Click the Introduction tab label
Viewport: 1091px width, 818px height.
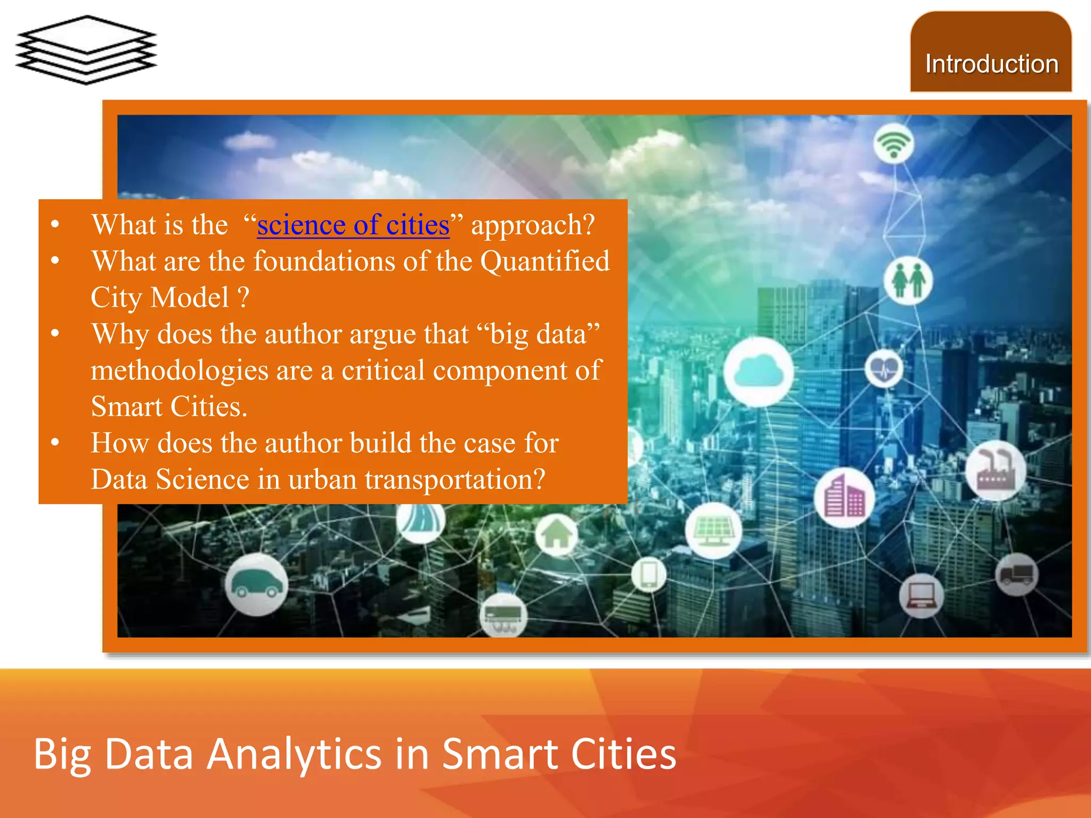[991, 64]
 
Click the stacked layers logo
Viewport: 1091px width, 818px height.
[86, 50]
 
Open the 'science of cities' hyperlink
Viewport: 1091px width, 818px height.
[353, 225]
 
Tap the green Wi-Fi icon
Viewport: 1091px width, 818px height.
[894, 144]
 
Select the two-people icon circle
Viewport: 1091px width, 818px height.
[908, 280]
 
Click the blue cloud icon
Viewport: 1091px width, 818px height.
[758, 371]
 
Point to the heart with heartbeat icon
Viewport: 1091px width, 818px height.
[884, 369]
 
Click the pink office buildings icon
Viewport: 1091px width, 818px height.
[844, 498]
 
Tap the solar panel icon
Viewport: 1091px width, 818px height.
[713, 530]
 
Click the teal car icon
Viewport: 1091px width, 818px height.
[257, 584]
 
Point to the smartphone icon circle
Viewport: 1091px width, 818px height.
[649, 575]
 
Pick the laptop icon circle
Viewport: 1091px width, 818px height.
[921, 595]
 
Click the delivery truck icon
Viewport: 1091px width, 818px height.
[1016, 575]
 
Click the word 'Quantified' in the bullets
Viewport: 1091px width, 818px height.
[545, 261]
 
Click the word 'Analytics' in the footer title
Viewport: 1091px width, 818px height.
[294, 755]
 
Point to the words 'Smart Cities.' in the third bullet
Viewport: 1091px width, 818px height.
[169, 407]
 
